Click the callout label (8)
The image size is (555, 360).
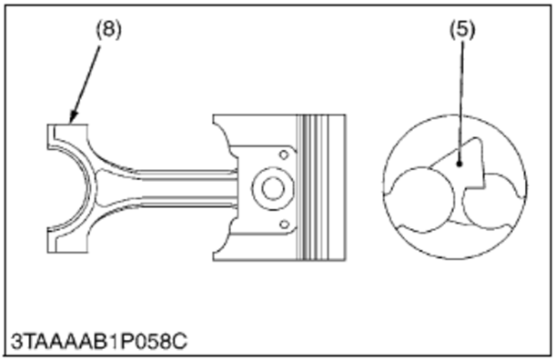108,29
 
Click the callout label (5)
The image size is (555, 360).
462,29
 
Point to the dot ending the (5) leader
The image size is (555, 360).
459,164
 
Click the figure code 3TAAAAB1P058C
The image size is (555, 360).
99,342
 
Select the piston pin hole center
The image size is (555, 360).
273,188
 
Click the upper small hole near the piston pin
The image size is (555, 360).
284,155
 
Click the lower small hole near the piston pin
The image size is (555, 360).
284,225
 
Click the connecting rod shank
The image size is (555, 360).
184,188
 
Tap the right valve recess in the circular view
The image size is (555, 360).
495,201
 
